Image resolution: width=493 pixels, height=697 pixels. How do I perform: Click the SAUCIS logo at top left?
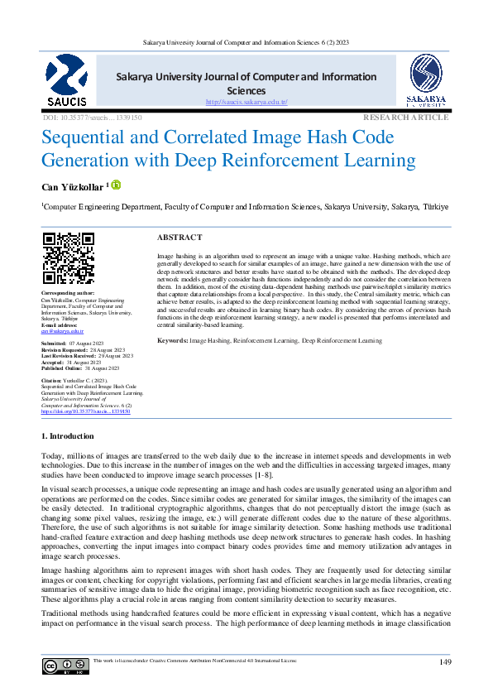pyautogui.click(x=65, y=82)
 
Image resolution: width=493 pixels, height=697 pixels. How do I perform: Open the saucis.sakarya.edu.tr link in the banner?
pyautogui.click(x=257, y=102)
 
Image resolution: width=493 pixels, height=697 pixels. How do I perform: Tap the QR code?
pyautogui.click(x=68, y=258)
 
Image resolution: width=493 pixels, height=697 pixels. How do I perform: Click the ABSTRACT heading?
pyautogui.click(x=179, y=237)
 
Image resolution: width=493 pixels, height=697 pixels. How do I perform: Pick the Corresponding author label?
pyautogui.click(x=68, y=293)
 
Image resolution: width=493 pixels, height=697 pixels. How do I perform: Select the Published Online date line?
pyautogui.click(x=80, y=368)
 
